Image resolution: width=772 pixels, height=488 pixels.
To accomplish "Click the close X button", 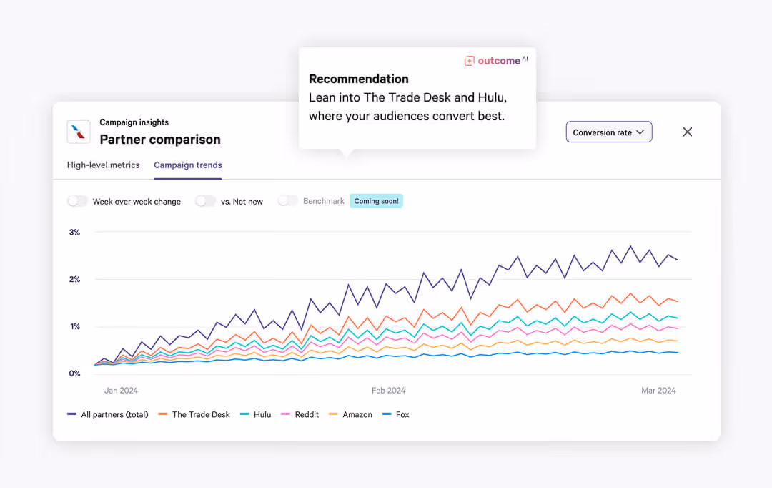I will (x=688, y=132).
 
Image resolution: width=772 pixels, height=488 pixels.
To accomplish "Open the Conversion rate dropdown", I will (x=609, y=132).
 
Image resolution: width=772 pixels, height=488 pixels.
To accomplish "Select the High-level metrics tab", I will (x=104, y=165).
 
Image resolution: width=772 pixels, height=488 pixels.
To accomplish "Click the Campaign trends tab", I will (x=188, y=165).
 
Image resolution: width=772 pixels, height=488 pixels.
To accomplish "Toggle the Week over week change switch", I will (x=78, y=201).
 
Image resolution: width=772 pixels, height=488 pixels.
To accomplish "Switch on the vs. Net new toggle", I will (x=206, y=201).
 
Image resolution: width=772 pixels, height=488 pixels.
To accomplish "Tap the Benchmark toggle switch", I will (x=288, y=201).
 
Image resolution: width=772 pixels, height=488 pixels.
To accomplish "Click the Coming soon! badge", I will (x=377, y=201).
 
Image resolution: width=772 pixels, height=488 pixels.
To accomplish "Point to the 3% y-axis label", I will (x=74, y=233).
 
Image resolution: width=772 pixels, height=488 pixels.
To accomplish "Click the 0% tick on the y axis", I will (x=74, y=374).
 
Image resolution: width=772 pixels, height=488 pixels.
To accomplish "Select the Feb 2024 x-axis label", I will (x=388, y=391).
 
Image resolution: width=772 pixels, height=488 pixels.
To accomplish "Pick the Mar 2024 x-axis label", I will (x=658, y=391).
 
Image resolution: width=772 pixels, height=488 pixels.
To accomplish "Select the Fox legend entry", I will (x=397, y=415).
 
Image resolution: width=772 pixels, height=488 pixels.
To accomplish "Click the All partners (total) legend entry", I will (x=108, y=415).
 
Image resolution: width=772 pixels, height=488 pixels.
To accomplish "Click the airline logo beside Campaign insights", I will (x=79, y=132).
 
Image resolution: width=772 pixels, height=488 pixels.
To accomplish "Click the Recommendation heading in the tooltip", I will (x=359, y=79).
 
